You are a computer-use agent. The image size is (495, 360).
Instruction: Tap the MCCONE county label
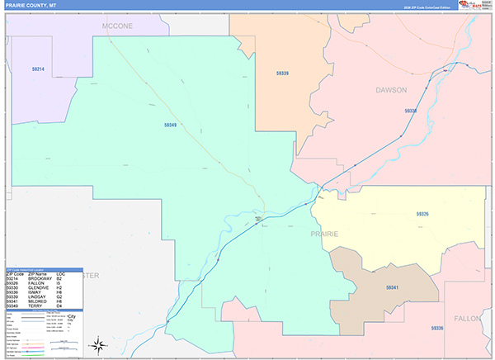(x=117, y=26)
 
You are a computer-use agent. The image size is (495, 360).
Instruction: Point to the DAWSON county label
(x=391, y=89)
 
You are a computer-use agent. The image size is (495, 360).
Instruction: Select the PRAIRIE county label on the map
(x=324, y=234)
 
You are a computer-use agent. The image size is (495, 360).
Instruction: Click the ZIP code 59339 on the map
(x=282, y=73)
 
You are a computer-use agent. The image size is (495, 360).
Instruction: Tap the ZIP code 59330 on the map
(x=411, y=110)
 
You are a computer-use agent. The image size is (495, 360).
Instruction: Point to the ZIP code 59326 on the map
(x=422, y=214)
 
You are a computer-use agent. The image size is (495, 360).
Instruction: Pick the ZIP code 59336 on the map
(x=436, y=328)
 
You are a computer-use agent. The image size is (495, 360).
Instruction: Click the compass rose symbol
(x=97, y=344)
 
